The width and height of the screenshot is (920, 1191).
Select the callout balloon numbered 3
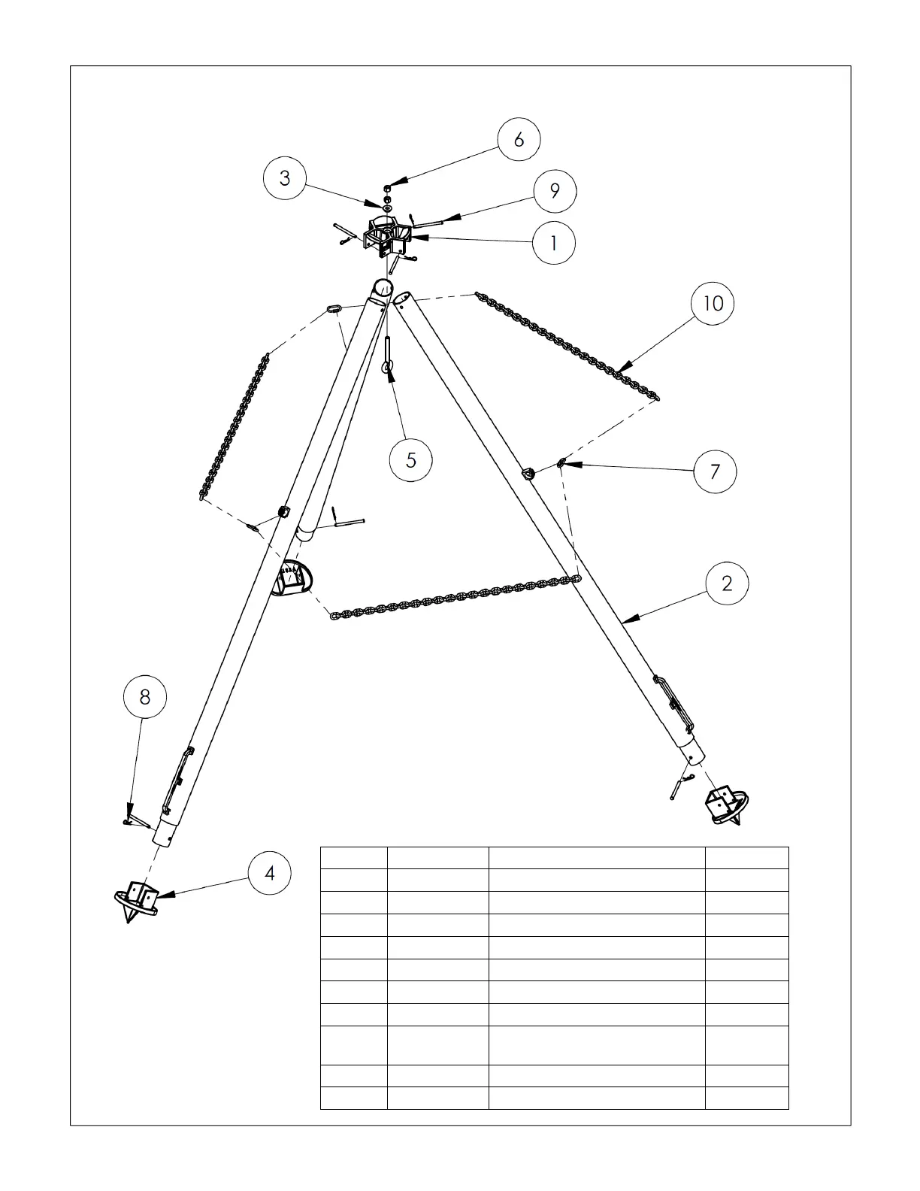[x=285, y=178]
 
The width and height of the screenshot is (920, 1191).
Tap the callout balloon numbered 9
[x=555, y=190]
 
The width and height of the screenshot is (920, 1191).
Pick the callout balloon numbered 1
[x=554, y=243]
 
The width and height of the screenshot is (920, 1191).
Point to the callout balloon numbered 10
[x=713, y=303]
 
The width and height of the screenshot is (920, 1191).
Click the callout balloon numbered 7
[x=715, y=471]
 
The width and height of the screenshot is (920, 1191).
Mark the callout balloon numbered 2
[x=727, y=583]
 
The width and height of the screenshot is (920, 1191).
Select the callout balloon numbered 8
[x=144, y=697]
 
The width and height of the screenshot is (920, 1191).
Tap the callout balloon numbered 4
[x=270, y=873]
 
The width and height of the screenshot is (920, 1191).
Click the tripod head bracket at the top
[x=388, y=237]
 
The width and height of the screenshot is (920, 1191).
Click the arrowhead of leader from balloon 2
[x=625, y=621]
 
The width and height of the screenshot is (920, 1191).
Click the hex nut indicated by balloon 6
[x=388, y=188]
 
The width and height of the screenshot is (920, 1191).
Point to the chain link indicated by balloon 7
[x=561, y=463]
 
